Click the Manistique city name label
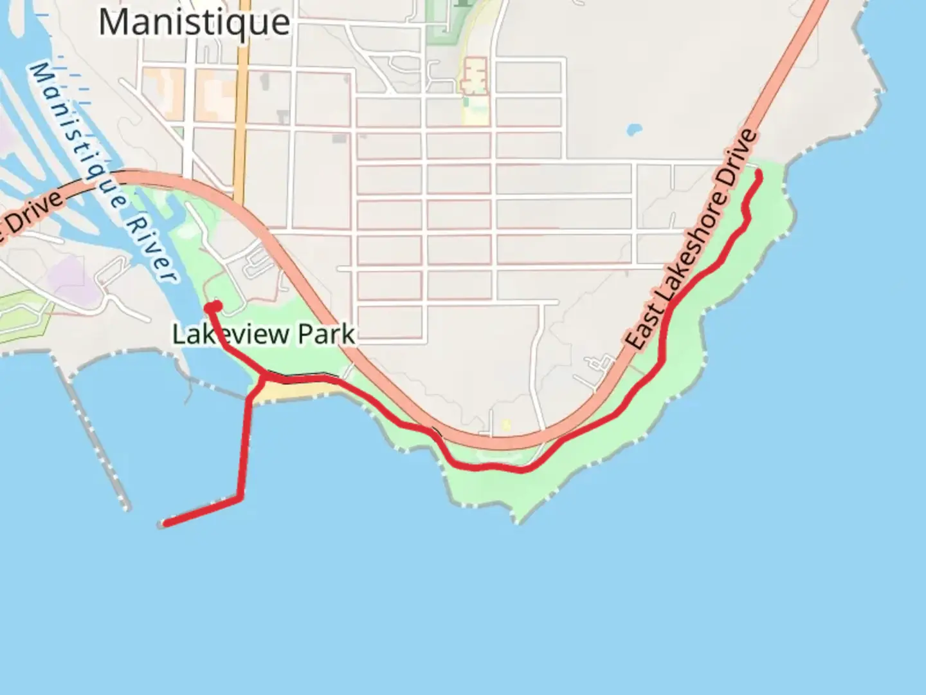click(194, 22)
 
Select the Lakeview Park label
click(264, 334)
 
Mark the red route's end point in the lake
click(166, 524)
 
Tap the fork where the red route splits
click(264, 377)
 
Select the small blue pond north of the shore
click(633, 129)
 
